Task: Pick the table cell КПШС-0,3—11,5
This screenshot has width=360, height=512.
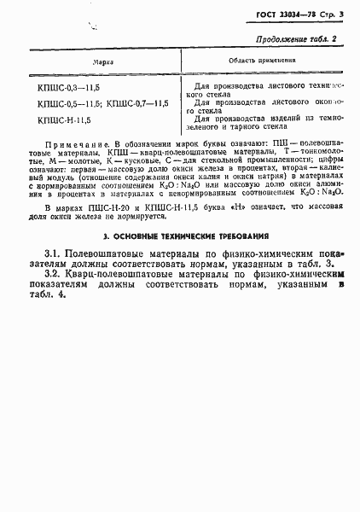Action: pyautogui.click(x=70, y=88)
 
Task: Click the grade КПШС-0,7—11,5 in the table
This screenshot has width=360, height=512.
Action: pyautogui.click(x=138, y=103)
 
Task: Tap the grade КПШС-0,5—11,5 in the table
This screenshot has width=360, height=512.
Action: pyautogui.click(x=70, y=103)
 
